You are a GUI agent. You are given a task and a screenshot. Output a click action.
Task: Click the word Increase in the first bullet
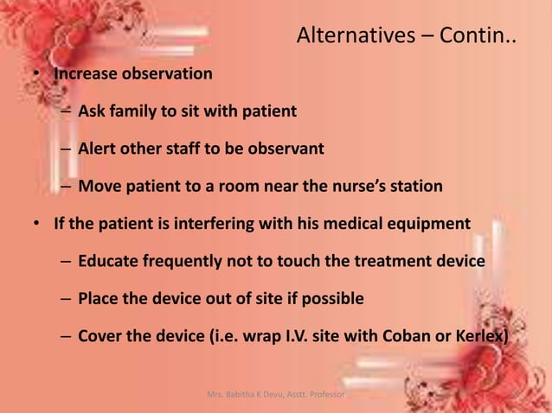[85, 73]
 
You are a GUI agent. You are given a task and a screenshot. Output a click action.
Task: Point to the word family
[134, 111]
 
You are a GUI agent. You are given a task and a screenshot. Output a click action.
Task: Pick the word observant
[286, 149]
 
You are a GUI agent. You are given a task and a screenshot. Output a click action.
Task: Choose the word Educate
[109, 261]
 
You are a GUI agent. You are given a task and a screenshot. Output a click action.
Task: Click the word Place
[99, 299]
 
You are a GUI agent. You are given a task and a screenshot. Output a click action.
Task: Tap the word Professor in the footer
[322, 395]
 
